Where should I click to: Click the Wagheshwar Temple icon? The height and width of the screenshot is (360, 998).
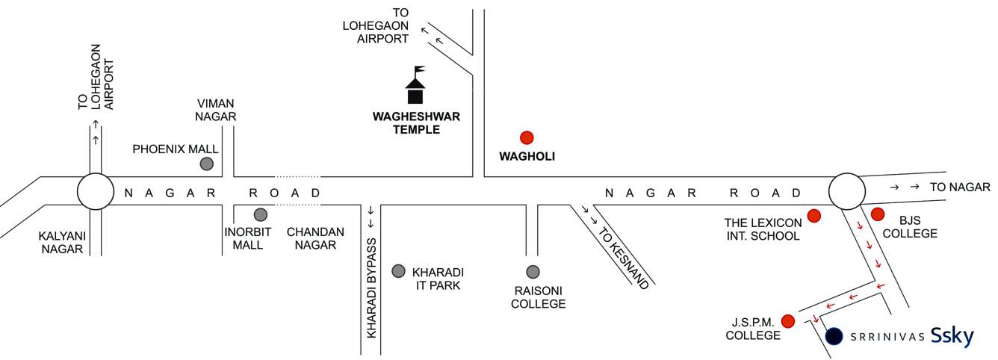pyautogui.click(x=415, y=86)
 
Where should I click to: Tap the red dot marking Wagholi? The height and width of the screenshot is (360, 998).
pyautogui.click(x=527, y=137)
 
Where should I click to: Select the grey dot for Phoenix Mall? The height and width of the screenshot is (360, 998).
pyautogui.click(x=207, y=164)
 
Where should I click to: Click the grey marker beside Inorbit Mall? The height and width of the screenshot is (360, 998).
pyautogui.click(x=260, y=214)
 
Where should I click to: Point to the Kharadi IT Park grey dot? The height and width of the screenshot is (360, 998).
pyautogui.click(x=398, y=270)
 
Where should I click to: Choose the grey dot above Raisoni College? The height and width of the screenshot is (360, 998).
pyautogui.click(x=532, y=271)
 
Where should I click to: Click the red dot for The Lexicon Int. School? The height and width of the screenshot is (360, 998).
pyautogui.click(x=814, y=216)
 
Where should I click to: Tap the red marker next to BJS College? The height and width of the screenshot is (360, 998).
pyautogui.click(x=877, y=214)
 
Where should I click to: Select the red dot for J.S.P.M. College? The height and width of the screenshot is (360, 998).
pyautogui.click(x=787, y=321)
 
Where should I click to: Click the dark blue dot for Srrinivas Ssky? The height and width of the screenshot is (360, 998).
pyautogui.click(x=834, y=337)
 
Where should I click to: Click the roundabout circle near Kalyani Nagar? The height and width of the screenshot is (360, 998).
pyautogui.click(x=95, y=192)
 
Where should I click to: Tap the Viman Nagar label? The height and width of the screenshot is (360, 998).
pyautogui.click(x=216, y=110)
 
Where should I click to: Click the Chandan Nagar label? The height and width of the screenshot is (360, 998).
pyautogui.click(x=315, y=238)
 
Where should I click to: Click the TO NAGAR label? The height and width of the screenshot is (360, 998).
pyautogui.click(x=960, y=187)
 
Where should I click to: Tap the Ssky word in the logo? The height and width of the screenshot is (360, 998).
pyautogui.click(x=952, y=337)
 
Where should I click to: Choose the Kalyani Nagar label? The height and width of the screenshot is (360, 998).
pyautogui.click(x=62, y=243)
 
